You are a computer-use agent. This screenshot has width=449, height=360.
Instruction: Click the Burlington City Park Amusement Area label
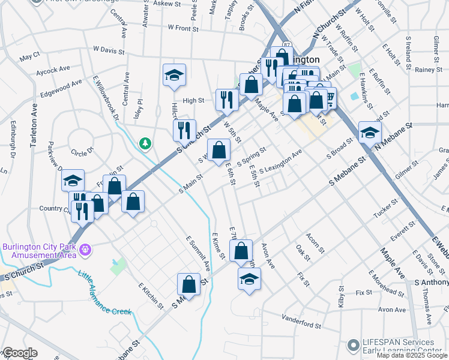pyautogui.click(x=39, y=250)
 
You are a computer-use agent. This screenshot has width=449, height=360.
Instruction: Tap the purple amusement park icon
pyautogui.click(x=85, y=249)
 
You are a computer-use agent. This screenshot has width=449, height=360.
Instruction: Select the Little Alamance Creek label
pyautogui.click(x=104, y=293)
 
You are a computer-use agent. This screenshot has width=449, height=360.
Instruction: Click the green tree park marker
pyautogui.click(x=145, y=143)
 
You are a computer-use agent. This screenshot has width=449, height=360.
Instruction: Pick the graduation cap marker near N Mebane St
pyautogui.click(x=370, y=133)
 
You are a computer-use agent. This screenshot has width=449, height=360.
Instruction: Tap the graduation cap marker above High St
pyautogui.click(x=174, y=75)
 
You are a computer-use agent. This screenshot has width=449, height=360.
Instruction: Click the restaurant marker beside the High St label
pyautogui.click(x=226, y=99)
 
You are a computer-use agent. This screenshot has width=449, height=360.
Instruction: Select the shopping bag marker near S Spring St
pyautogui.click(x=218, y=149)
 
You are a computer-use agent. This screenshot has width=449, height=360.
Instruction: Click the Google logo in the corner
pyautogui.click(x=20, y=353)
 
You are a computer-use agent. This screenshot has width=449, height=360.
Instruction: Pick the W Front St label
pyautogui.click(x=183, y=28)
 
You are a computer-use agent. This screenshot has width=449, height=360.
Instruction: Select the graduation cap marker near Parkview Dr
pyautogui.click(x=72, y=181)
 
